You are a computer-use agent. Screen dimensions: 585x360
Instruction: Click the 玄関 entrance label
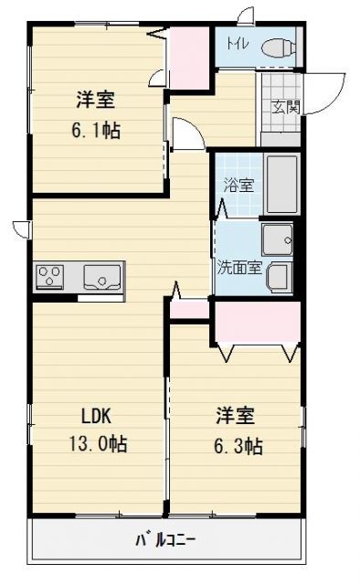coord(281,106)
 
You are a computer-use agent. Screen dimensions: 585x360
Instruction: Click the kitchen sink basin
coord(101,274)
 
